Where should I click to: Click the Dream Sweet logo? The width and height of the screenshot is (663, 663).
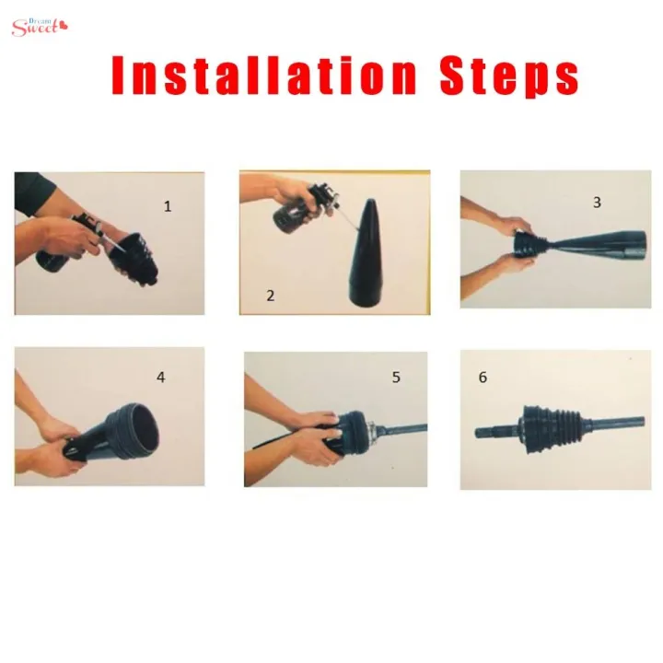[x=40, y=25]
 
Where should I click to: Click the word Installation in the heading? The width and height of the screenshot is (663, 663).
[x=262, y=76]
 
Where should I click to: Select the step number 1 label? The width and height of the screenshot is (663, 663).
[x=168, y=206]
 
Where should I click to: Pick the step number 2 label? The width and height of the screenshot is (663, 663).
[x=271, y=296]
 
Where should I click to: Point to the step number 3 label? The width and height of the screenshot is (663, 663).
[x=597, y=203]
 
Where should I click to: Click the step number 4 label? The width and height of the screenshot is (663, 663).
[x=160, y=377]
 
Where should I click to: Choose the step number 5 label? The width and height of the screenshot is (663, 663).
[x=396, y=377]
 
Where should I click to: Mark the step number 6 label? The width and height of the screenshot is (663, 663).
[x=483, y=378]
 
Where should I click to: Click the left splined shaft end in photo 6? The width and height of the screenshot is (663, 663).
[x=493, y=431]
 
